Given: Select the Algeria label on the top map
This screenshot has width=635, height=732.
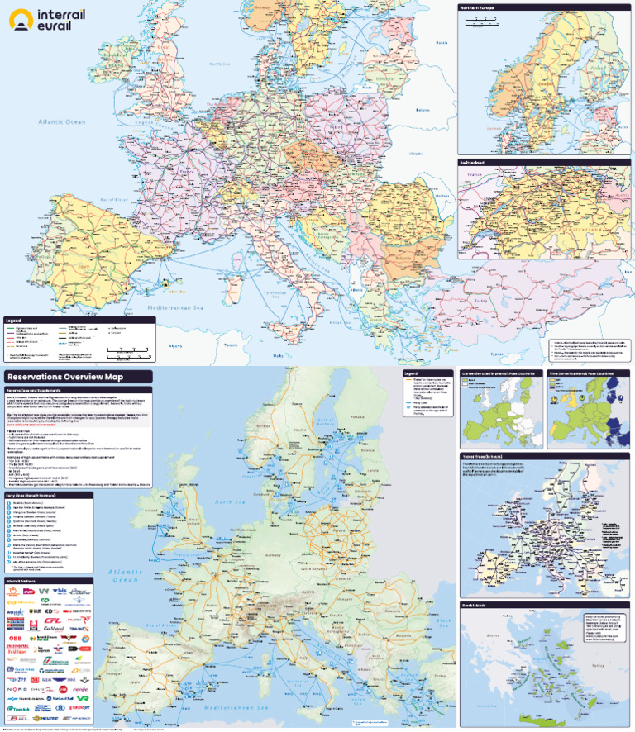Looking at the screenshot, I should pos(176,345).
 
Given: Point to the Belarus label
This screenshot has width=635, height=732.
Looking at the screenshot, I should pos(424,109).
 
